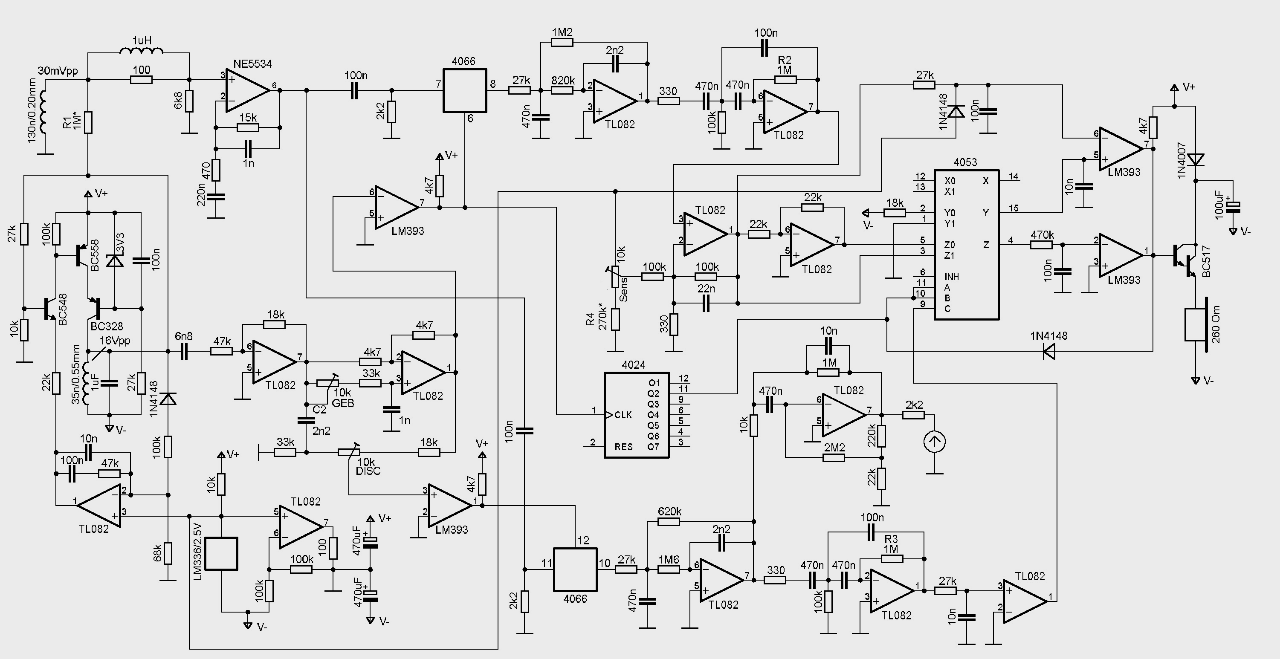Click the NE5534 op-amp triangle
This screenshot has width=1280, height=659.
pos(248,90)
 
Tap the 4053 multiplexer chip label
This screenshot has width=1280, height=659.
pos(965,162)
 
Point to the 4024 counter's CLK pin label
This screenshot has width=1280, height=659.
pos(623,415)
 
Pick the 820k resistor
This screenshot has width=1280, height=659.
pos(562,90)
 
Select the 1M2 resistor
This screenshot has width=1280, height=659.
pos(562,43)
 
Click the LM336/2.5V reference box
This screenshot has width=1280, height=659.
pos(221,553)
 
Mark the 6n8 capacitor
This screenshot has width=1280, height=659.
pos(184,352)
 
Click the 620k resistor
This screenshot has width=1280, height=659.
pos(669,521)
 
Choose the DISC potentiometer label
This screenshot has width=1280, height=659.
pos(368,470)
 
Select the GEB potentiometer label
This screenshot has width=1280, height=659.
pos(343,403)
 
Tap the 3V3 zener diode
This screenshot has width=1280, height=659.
pos(115,260)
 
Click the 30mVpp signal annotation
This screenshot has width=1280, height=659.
pos(58,71)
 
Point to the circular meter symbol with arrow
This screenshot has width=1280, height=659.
pos(934,442)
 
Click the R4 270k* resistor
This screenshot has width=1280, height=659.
pos(616,319)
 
